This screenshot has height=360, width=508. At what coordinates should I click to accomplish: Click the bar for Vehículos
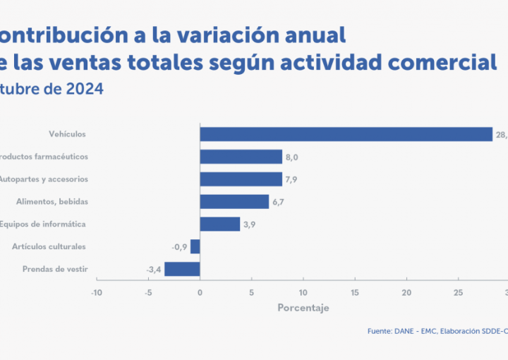coord(346,134)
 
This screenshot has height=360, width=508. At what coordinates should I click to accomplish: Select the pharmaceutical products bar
coord(241,157)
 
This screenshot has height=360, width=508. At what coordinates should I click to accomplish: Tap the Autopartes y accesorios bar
coord(241,179)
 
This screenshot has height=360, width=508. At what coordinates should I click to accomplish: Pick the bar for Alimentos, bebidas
coord(234,202)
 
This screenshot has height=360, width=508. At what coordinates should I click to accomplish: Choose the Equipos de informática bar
coord(220,224)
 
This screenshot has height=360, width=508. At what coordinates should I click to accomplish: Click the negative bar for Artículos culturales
coord(195,246)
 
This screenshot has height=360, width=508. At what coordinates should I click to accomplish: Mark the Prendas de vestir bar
coord(182,269)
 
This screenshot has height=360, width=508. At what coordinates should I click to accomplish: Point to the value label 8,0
coord(291,157)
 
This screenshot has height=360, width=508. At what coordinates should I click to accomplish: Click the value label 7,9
coord(291,179)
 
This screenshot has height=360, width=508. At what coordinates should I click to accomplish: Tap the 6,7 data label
coord(278,202)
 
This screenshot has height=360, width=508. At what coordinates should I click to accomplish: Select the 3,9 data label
coord(250,224)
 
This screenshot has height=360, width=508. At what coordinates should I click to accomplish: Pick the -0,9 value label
coord(179,247)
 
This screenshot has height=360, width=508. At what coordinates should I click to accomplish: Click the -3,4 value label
coord(154,270)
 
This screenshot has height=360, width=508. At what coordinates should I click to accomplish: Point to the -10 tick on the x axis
coord(97,292)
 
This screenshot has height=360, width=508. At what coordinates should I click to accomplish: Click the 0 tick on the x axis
coord(200,292)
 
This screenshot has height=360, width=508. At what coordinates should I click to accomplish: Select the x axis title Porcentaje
coord(303,308)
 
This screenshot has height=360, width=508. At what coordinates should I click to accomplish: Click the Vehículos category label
coord(68,133)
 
